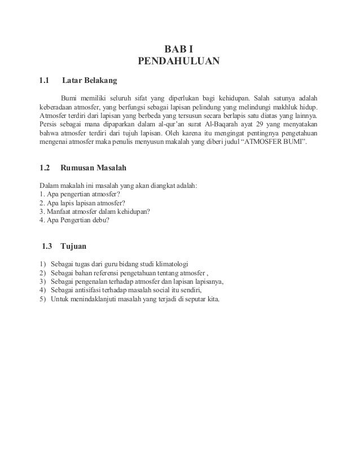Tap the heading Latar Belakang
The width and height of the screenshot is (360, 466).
click(x=89, y=80)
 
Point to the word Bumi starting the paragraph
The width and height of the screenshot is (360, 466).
click(x=71, y=96)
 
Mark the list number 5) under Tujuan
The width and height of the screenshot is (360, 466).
click(x=43, y=298)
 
